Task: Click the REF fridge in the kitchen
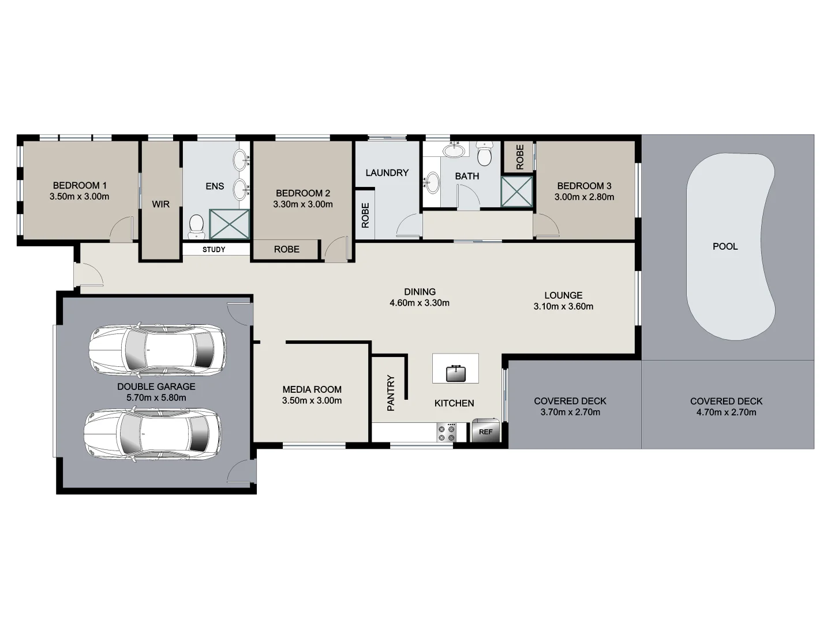(485, 431)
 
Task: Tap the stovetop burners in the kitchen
(446, 433)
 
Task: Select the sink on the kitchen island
(455, 373)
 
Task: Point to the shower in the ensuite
(229, 224)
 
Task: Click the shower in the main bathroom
(516, 192)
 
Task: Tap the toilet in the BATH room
(485, 155)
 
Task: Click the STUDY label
(214, 250)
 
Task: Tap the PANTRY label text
(391, 393)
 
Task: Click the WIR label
(160, 204)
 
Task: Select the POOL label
(725, 246)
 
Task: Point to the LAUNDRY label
(387, 172)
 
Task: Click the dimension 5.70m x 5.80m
(156, 397)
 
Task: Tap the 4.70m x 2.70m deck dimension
(726, 412)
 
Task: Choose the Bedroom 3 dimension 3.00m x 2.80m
(584, 197)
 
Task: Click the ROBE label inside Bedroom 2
(286, 249)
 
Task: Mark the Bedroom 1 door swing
(122, 229)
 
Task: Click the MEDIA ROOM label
(312, 389)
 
